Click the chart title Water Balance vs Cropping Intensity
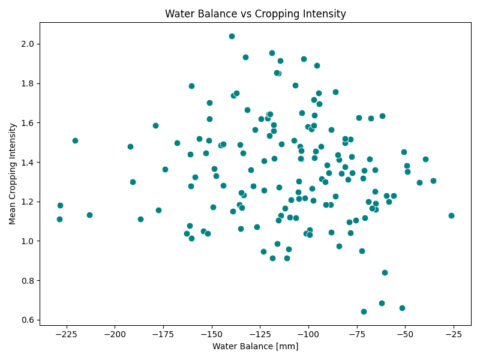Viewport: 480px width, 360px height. (255, 14)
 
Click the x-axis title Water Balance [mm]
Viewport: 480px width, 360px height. (255, 346)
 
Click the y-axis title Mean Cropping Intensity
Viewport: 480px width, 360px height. (13, 174)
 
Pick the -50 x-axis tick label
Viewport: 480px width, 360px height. (405, 334)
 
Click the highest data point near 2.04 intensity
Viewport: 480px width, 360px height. (232, 36)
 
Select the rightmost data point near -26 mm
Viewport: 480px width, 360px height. (451, 215)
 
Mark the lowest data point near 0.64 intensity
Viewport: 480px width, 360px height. (364, 311)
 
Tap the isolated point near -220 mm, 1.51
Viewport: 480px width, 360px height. (75, 140)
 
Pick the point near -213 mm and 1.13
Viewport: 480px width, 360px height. (89, 215)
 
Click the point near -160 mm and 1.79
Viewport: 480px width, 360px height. (191, 86)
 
